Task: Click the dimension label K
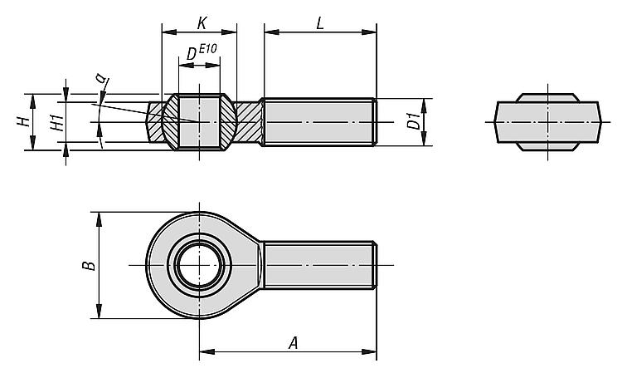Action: (202, 23)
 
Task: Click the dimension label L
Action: (320, 23)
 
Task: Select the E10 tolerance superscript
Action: (207, 49)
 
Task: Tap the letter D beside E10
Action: (192, 54)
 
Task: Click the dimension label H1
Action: (58, 123)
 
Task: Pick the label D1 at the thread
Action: (414, 121)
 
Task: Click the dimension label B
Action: (89, 265)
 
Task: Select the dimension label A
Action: (293, 343)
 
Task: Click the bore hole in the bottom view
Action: (199, 265)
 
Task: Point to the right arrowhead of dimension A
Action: (369, 351)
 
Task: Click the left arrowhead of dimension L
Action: (272, 32)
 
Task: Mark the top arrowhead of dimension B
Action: (100, 219)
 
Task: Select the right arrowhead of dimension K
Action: (229, 32)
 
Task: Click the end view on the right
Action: (548, 122)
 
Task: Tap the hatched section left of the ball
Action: (156, 122)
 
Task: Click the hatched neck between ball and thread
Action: (249, 122)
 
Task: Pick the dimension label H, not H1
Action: (25, 122)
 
